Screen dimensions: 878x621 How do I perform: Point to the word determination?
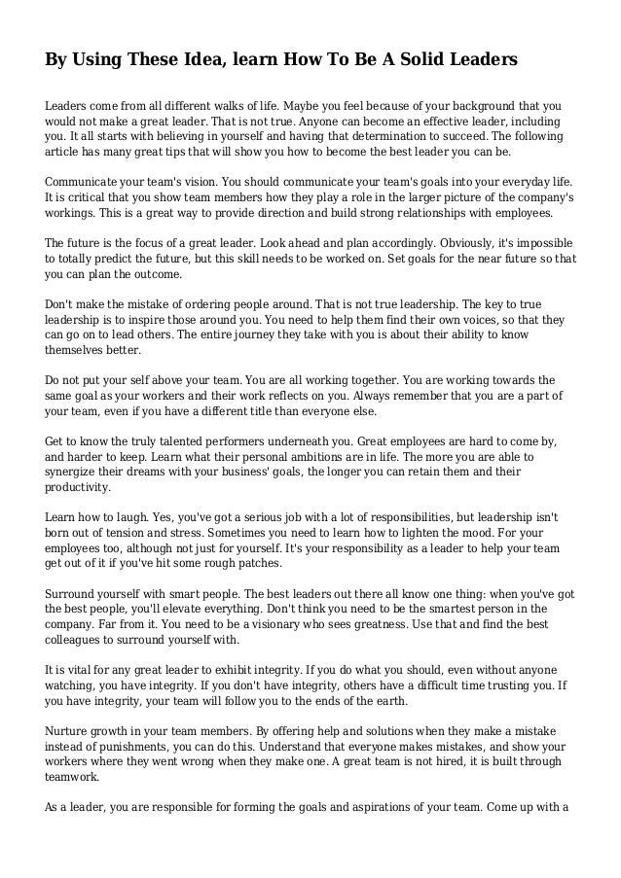(359, 139)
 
